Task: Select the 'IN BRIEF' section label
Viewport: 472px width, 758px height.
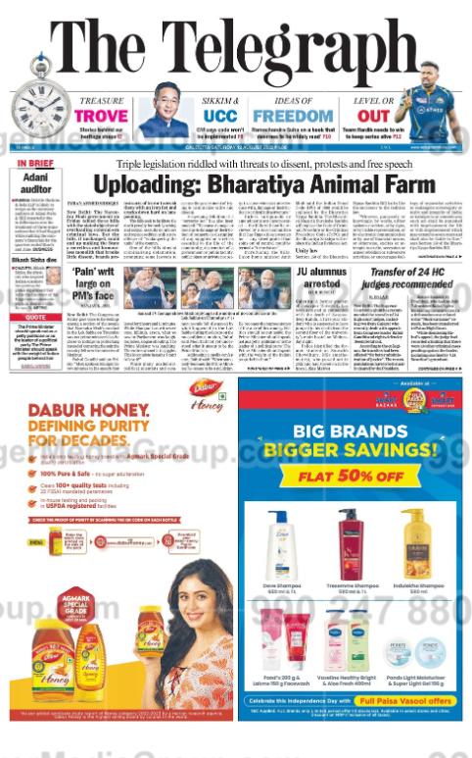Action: [36, 163]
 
